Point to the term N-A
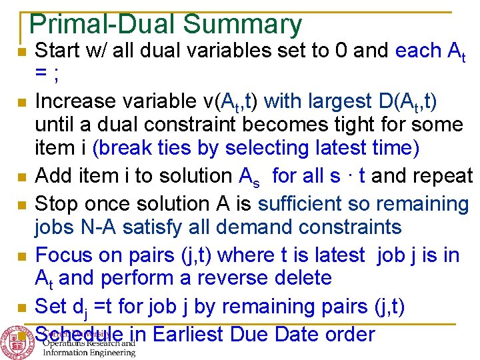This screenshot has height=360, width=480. (x=103, y=227)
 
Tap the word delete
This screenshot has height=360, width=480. (x=302, y=277)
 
